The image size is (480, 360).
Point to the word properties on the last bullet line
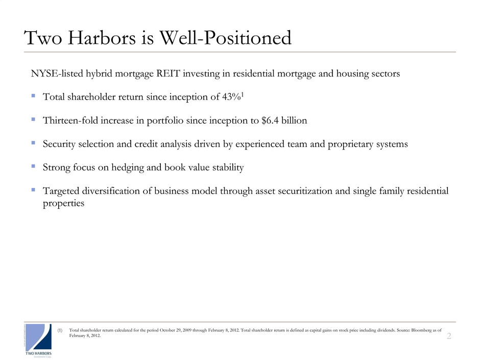(62, 202)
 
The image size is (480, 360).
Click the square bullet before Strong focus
(33, 167)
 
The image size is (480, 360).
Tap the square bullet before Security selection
(33, 143)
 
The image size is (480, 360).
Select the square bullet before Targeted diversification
(33, 190)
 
